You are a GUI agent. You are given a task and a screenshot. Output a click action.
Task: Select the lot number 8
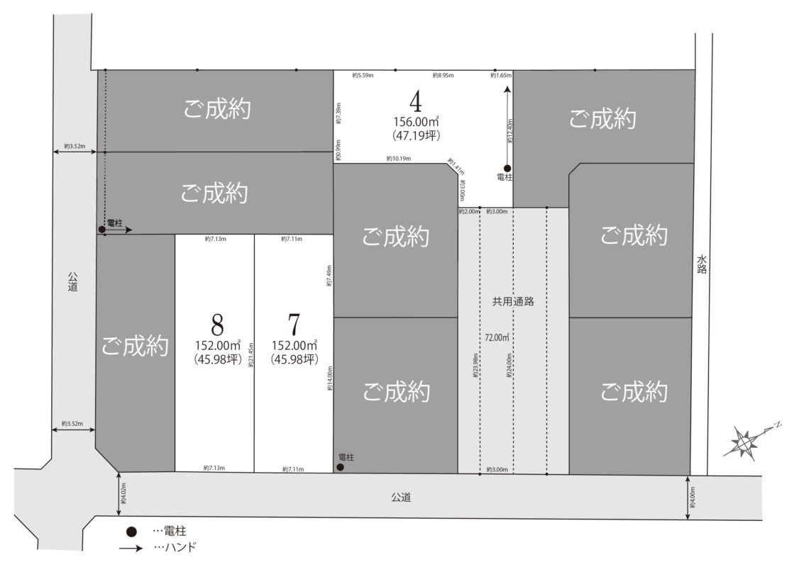pyautogui.click(x=218, y=325)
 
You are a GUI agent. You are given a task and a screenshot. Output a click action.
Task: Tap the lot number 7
pyautogui.click(x=294, y=325)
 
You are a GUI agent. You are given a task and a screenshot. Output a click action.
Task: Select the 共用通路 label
pyautogui.click(x=513, y=301)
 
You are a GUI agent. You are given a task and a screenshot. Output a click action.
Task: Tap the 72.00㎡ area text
pyautogui.click(x=497, y=337)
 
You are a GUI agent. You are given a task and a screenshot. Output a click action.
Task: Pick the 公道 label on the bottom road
pyautogui.click(x=400, y=498)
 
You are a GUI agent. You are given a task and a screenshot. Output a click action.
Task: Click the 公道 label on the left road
pyautogui.click(x=73, y=282)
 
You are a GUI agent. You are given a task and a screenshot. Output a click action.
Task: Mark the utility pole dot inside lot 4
pyautogui.click(x=507, y=168)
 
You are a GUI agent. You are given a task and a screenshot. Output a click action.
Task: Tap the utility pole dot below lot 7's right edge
pyautogui.click(x=341, y=467)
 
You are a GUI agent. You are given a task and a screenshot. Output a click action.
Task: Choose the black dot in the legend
pyautogui.click(x=131, y=532)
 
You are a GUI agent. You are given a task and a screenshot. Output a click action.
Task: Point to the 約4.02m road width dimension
pyautogui.click(x=123, y=495)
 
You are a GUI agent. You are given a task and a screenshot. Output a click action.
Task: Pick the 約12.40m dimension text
pyautogui.click(x=510, y=130)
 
